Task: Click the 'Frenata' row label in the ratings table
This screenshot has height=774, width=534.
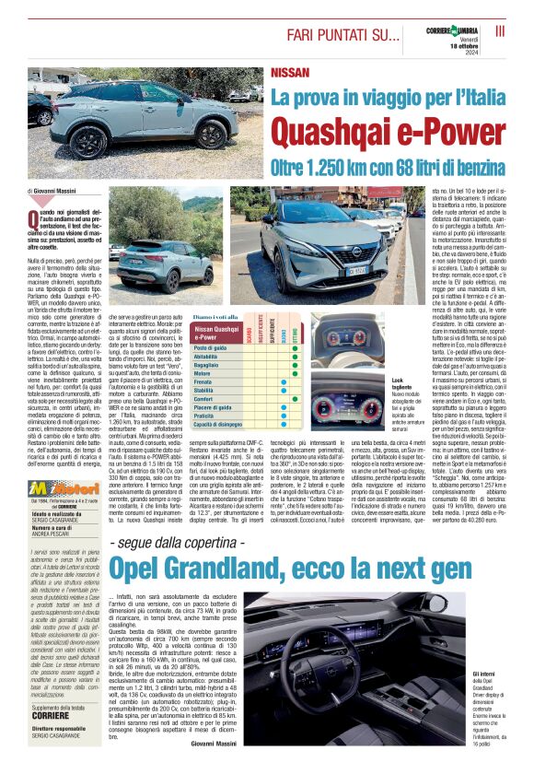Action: coord(203,381)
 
